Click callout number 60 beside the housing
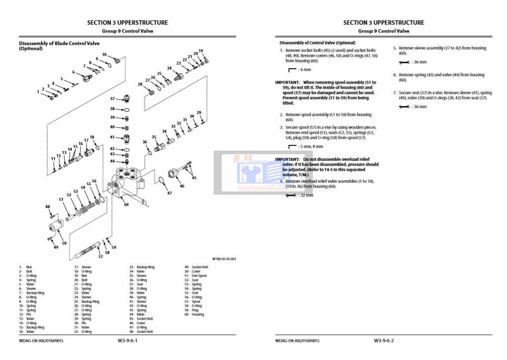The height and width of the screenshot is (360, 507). tap(126, 204)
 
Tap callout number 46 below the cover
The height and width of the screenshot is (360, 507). tap(182, 186)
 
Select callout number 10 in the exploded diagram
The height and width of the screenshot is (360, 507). tap(104, 55)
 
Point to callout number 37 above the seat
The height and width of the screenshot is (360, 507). tap(112, 99)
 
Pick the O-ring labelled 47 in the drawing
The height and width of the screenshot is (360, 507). tap(162, 180)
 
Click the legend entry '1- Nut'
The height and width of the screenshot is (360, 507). tap(25, 267)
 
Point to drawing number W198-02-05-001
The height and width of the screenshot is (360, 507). tap(224, 259)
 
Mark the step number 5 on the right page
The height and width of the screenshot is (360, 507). tap(395, 48)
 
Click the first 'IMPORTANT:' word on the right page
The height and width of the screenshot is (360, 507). tap(287, 82)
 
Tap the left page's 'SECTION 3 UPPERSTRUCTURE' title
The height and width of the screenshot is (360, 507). tap(127, 22)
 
